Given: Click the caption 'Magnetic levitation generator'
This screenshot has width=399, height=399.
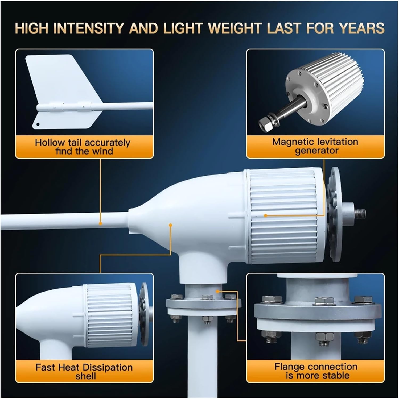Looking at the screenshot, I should coord(315,146).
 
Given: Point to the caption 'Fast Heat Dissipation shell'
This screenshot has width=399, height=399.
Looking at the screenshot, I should coord(84,372).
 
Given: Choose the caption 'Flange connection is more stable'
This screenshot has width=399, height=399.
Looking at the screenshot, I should coord(316,371).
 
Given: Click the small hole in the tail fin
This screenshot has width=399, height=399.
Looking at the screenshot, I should coord(38,124).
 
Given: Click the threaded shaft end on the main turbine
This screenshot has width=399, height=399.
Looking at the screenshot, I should coord(360,212).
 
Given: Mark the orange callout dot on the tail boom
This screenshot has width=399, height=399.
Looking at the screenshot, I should coord(101,223).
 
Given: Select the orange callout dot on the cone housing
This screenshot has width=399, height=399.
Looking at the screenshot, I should coord(171,225).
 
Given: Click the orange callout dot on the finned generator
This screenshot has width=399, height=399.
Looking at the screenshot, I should coord(265,215).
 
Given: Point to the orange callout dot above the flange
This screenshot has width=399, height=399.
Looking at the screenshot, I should coord(218,291).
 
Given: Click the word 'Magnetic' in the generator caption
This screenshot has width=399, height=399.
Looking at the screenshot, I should coord(292,142).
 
